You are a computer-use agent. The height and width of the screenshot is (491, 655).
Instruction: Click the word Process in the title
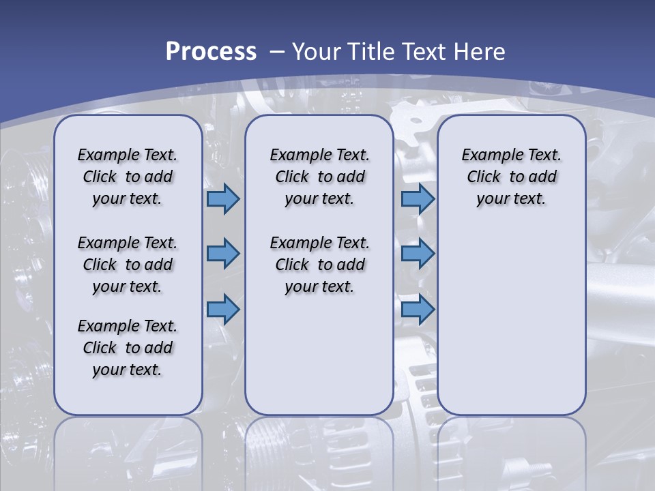pos(211,51)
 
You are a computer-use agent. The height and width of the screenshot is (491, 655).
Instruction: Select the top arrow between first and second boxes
pos(223,199)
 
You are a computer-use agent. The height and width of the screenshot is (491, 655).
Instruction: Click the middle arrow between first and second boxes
pos(223,254)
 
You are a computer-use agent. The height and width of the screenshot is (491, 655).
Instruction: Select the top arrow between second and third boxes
pos(418,199)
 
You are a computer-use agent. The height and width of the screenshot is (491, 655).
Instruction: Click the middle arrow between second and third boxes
pos(418,254)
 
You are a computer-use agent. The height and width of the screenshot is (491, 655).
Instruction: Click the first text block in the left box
pos(128,177)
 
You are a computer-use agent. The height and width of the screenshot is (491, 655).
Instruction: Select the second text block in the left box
pos(128,265)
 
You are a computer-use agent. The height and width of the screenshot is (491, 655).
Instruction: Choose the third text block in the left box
pos(128,348)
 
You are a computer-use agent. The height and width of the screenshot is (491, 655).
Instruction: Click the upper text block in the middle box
pos(319,177)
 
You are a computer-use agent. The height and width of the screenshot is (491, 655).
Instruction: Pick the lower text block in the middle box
pos(319,265)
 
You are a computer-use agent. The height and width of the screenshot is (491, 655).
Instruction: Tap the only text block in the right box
pos(511,177)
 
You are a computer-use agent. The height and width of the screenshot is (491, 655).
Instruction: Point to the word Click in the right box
pos(484,177)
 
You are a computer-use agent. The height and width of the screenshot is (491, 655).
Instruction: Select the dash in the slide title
pos(277,51)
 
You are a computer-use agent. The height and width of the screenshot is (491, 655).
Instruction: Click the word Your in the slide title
pos(317,51)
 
